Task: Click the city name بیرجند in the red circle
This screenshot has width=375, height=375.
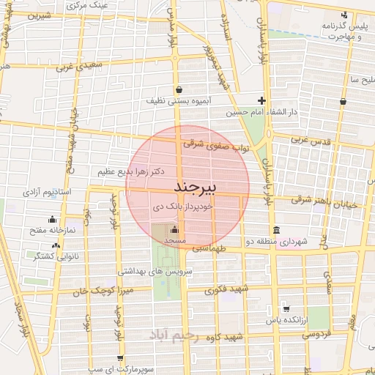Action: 197,188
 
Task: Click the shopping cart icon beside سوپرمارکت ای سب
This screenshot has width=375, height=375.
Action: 120,358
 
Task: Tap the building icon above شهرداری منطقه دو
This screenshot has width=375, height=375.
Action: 275,230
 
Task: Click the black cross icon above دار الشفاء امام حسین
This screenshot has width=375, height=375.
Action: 261,100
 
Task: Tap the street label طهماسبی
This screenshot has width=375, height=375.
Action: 211,250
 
